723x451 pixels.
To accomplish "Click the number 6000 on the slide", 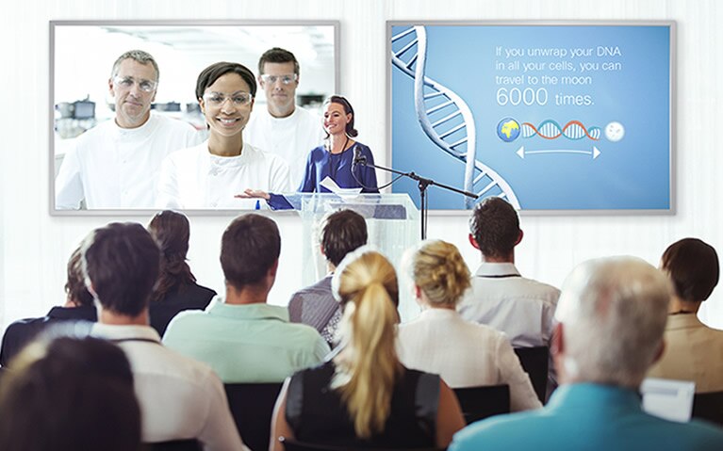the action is coord(522,97).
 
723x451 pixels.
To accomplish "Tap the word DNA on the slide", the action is coord(609,51).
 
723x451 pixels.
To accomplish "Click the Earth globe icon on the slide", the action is coord(509,130).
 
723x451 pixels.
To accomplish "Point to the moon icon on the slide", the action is coord(615,131).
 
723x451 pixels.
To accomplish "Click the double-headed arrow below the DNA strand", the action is coord(558,152).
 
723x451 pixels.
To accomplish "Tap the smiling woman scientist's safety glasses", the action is coord(227,98).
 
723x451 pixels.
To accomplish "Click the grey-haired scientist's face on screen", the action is coord(134,89).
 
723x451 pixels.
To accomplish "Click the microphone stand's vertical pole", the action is coord(423,210).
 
